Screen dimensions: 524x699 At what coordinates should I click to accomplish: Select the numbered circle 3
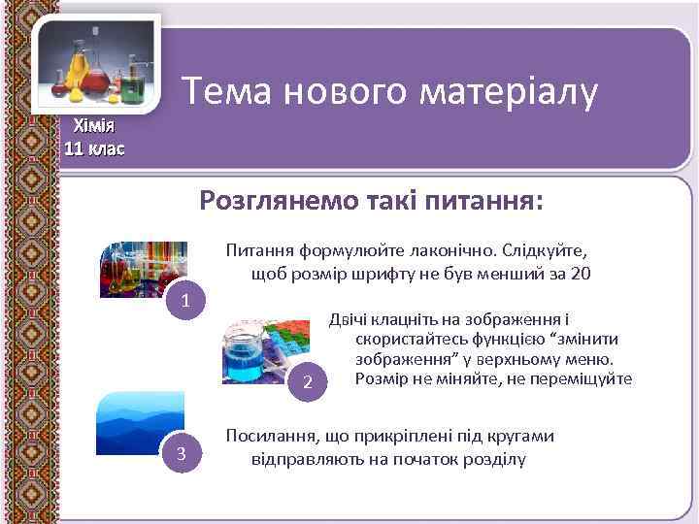181,455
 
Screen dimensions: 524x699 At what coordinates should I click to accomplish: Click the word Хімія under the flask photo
94,126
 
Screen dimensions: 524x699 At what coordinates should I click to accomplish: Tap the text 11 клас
94,148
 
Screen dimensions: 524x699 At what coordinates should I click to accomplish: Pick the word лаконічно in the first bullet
451,250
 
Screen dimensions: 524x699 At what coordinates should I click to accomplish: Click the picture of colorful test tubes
146,268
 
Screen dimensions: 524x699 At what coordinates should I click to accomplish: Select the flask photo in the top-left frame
97,65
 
